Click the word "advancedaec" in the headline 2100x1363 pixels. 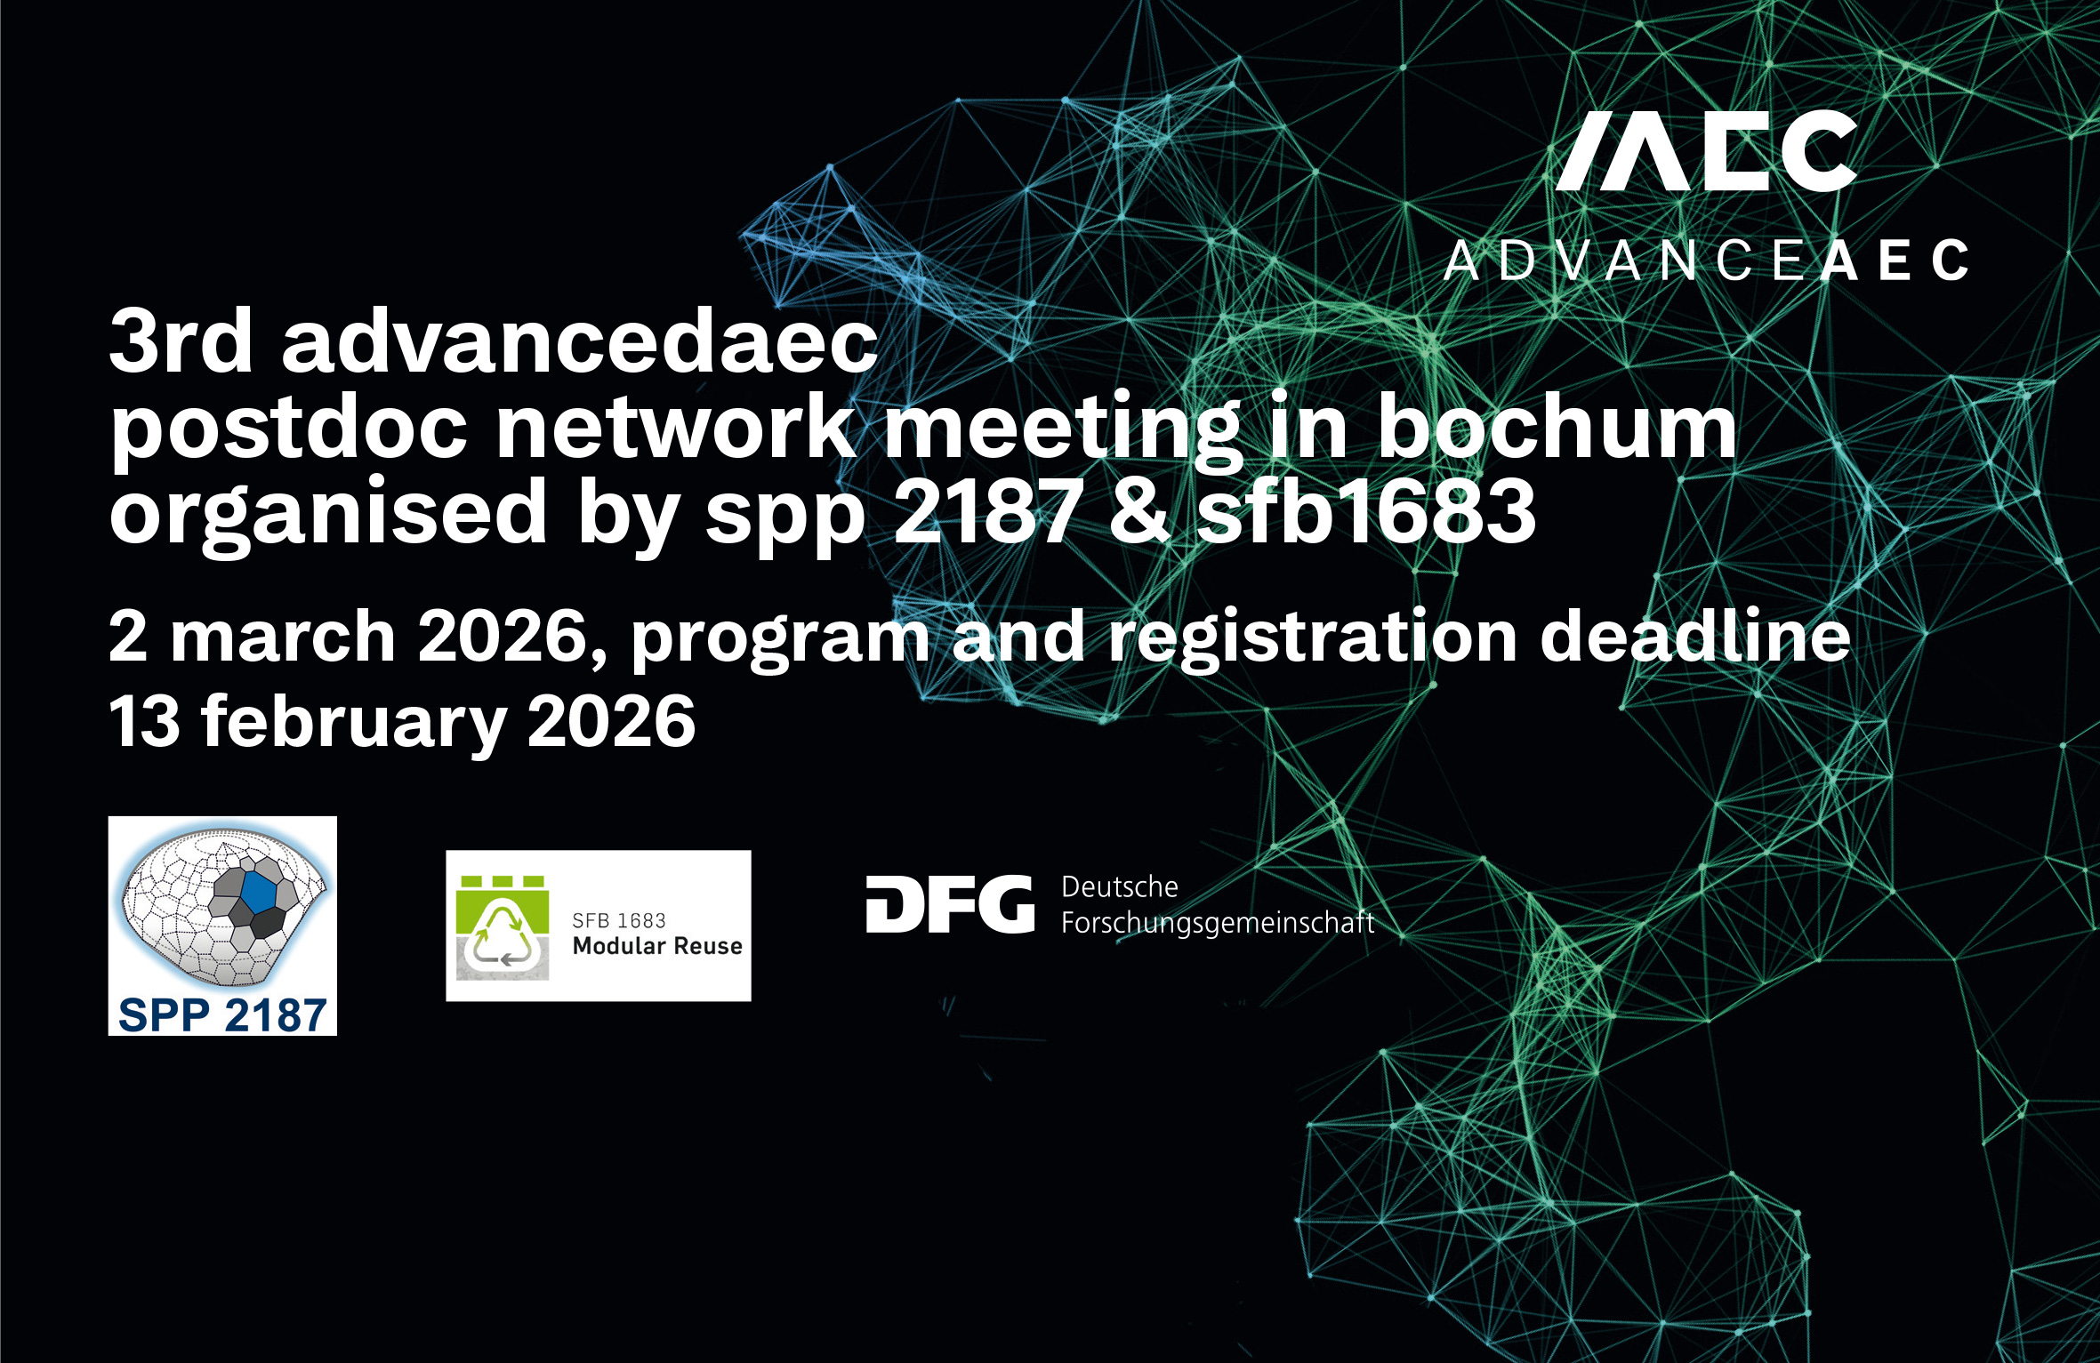point(580,341)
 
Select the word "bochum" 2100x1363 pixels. point(1557,425)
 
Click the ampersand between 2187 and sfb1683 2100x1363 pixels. point(1139,509)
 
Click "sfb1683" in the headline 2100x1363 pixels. point(1366,509)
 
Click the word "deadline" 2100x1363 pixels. point(1695,635)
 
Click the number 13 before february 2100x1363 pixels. point(145,721)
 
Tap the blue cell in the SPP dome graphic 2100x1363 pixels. point(259,892)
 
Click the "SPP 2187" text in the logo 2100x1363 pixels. point(222,1015)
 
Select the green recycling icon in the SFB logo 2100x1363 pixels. point(503,928)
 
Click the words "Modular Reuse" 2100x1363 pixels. point(657,946)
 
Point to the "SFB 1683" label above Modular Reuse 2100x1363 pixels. point(619,920)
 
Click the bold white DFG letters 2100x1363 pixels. point(950,904)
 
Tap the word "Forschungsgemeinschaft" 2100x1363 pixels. point(1218,924)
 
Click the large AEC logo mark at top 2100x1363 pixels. point(1707,150)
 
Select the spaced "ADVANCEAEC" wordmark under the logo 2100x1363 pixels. point(1707,261)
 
